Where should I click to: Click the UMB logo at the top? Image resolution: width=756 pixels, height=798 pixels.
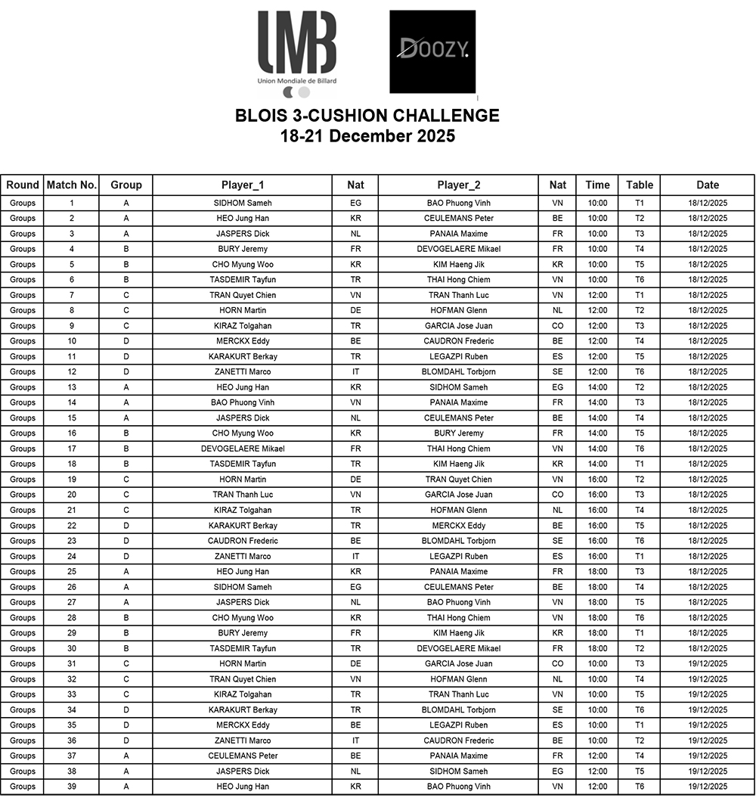[x=297, y=53]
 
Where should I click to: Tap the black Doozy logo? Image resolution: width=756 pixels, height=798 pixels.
[x=432, y=51]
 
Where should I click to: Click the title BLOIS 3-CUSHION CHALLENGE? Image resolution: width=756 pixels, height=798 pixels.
[x=367, y=116]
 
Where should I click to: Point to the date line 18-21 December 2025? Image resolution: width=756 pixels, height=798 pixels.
[x=367, y=136]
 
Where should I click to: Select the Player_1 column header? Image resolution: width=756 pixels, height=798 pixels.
[x=242, y=185]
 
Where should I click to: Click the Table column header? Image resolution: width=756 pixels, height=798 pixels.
[x=640, y=185]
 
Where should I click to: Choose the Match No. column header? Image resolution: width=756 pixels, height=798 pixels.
[x=72, y=185]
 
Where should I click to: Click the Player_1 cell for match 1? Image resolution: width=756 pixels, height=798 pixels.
[x=242, y=203]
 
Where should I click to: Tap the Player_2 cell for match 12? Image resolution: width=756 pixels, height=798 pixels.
[x=459, y=371]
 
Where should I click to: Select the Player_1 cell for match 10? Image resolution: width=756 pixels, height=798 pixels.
[x=242, y=341]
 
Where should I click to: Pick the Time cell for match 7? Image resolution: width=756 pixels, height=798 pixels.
[x=597, y=295]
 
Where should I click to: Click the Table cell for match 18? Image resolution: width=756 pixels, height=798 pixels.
[x=640, y=464]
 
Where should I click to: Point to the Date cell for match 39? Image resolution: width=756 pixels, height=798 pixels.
[x=708, y=787]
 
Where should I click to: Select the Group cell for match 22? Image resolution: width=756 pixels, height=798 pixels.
[x=125, y=526]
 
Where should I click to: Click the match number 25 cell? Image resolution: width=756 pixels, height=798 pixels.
[x=72, y=572]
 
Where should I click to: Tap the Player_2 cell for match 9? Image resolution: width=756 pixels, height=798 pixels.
[x=459, y=326]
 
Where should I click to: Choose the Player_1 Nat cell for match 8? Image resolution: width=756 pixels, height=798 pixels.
[x=355, y=310]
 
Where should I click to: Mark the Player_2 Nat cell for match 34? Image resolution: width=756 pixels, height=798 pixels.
[x=558, y=710]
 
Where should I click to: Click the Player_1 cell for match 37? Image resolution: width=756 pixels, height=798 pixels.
[x=242, y=756]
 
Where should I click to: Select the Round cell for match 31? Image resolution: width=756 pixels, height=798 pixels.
[x=23, y=663]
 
